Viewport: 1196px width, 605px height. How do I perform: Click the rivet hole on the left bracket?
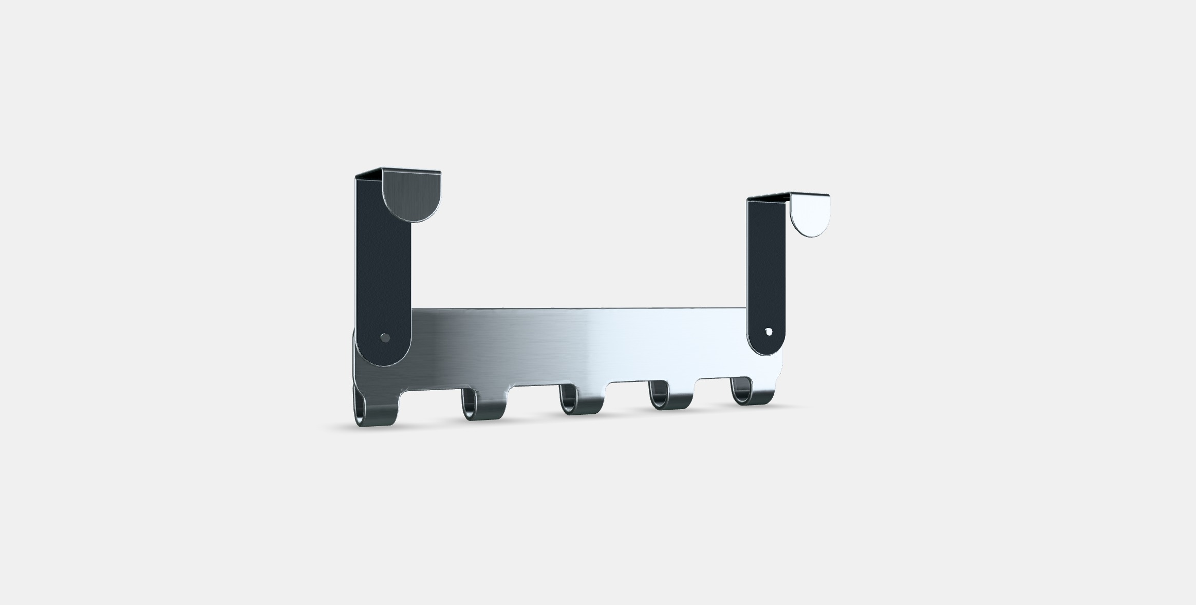click(384, 338)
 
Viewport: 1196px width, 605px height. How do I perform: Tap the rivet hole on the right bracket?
click(769, 332)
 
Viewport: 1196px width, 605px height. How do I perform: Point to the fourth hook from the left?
click(670, 398)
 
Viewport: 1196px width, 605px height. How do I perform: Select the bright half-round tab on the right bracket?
click(810, 214)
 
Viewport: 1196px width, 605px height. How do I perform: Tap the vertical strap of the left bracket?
click(383, 267)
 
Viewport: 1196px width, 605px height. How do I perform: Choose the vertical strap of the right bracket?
click(766, 267)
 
